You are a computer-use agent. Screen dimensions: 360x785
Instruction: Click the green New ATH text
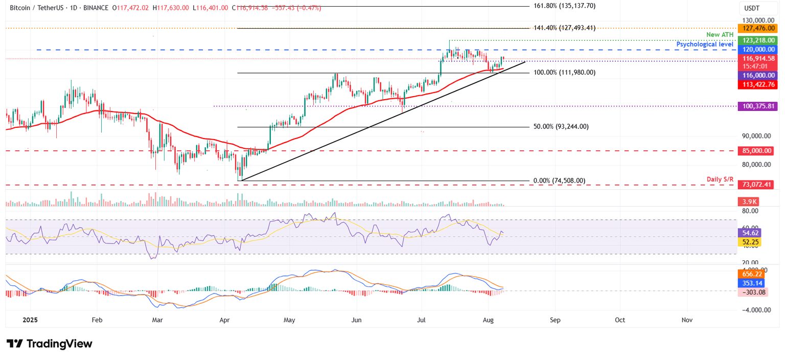point(720,35)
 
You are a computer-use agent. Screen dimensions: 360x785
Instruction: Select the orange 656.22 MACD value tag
point(751,274)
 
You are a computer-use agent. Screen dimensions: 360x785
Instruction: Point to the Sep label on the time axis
point(555,320)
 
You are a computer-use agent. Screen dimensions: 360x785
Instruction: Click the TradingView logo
point(50,344)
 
